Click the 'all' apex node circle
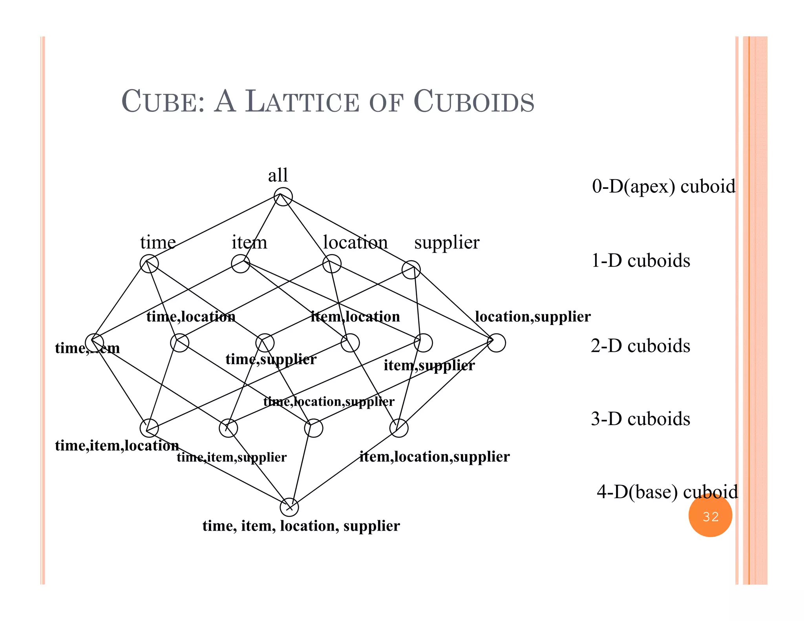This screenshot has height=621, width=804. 283,197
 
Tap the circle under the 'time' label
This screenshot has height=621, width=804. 149,263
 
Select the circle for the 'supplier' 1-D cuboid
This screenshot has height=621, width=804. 411,270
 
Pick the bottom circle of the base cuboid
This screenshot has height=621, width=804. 289,507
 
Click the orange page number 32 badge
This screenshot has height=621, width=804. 710,516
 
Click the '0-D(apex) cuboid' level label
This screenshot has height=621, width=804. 663,186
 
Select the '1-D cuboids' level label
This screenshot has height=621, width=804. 641,261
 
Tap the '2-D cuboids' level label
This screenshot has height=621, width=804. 640,346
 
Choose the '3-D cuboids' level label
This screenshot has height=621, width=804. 640,419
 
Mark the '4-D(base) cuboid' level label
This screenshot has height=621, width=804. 667,492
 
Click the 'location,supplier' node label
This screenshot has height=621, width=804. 532,316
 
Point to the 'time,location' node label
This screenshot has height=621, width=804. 191,316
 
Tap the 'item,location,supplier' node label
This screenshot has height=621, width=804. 435,457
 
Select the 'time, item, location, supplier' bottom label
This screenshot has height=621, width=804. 301,526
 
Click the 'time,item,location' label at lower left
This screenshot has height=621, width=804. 117,446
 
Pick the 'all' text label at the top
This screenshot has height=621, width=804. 278,175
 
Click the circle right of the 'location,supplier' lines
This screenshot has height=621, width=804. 496,343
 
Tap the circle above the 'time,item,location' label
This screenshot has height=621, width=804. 149,428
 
